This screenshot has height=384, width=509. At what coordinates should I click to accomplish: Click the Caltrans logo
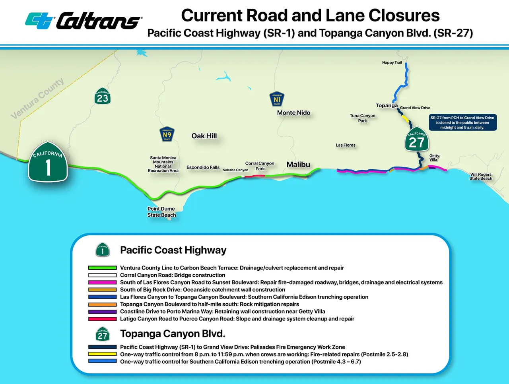tap(83, 21)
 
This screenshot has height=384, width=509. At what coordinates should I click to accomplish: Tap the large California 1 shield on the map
tap(48, 162)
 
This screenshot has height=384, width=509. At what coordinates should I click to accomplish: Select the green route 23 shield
tap(103, 96)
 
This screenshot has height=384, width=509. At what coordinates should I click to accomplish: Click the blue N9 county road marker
tap(167, 134)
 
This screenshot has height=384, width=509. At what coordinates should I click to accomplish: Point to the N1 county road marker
tap(277, 99)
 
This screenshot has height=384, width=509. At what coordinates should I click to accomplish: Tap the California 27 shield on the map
tap(416, 140)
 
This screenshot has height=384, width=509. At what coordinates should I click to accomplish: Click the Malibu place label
tap(298, 165)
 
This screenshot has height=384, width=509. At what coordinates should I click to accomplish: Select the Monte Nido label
tap(293, 113)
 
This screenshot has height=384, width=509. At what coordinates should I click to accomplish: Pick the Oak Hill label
tap(204, 136)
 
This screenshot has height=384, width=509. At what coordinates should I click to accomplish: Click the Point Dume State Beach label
tap(161, 212)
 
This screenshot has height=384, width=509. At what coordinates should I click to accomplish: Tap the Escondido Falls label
tap(203, 167)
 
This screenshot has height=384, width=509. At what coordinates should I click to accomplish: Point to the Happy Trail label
tap(392, 63)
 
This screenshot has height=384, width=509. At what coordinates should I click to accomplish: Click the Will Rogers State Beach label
tap(481, 176)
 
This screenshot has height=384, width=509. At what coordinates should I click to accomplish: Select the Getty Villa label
tap(434, 158)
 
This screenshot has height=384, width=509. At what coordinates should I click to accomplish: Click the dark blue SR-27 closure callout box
tap(462, 122)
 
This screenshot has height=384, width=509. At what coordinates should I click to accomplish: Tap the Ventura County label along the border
tap(37, 98)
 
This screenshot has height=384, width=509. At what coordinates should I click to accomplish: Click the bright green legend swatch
tap(102, 268)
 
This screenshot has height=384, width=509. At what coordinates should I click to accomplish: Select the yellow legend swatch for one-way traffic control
tap(102, 354)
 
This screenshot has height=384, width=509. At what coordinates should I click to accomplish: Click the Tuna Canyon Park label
tap(362, 118)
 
